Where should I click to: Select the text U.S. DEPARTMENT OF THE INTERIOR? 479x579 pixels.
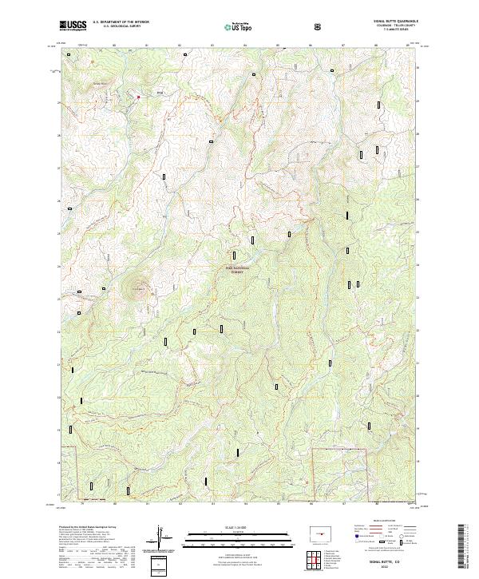coord(120,23)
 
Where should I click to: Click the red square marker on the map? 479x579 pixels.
coord(138,97)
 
